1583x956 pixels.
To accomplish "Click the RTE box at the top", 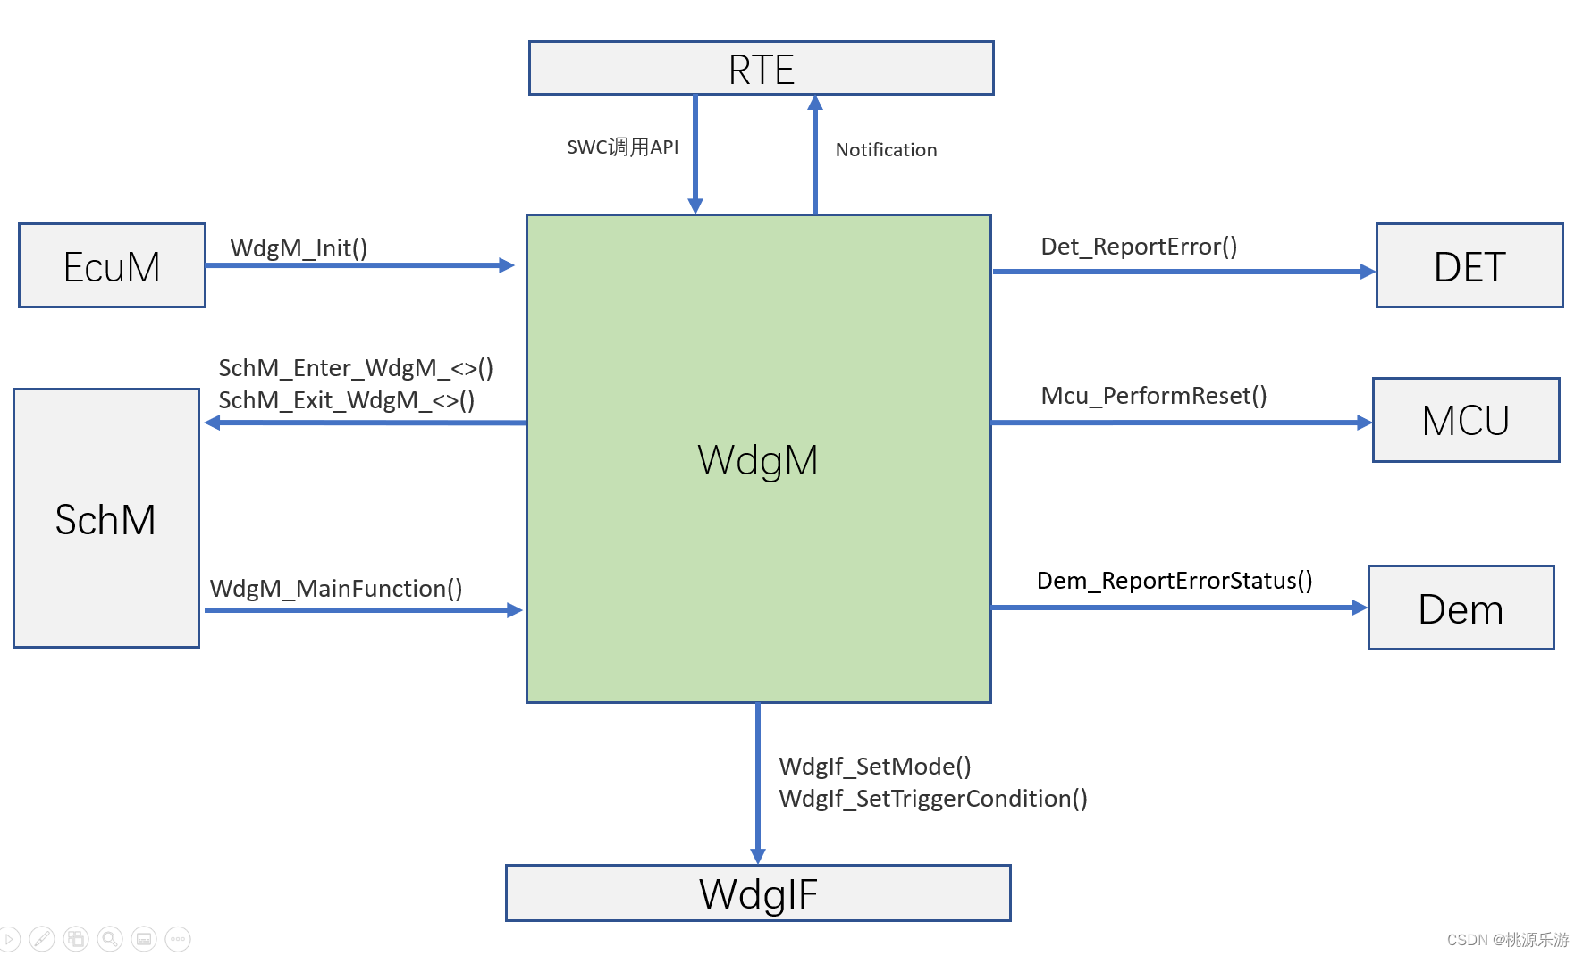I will pos(761,69).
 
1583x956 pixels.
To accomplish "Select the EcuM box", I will pos(112,266).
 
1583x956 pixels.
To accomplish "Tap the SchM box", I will pos(105,519).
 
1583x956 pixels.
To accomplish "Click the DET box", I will pos(1469,266).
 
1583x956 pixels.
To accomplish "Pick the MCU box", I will pos(1465,420).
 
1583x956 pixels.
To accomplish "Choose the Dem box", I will pos(1461,608).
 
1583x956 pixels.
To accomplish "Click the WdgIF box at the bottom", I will pos(758,893).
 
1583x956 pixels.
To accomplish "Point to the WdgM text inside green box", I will pos(757,460).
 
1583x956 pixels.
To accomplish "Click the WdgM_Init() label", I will pos(299,248).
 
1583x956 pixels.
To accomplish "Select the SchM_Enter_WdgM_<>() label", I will pos(356,368).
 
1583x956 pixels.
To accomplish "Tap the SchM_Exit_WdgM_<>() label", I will pos(346,400).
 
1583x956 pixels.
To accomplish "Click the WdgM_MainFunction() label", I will pos(336,589).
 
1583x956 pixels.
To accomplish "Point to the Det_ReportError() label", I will pos(1139,247).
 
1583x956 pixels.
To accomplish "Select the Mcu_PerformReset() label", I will pos(1153,396).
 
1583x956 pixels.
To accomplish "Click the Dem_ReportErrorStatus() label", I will pos(1174,581).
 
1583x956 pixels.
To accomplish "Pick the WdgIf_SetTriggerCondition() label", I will pos(932,799).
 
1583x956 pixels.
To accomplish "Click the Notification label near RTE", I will pos(886,150).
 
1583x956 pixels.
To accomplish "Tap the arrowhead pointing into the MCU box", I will pos(1364,423).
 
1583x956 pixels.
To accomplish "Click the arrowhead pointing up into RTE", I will pos(815,103).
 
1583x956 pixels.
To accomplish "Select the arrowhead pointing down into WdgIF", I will pos(758,856).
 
